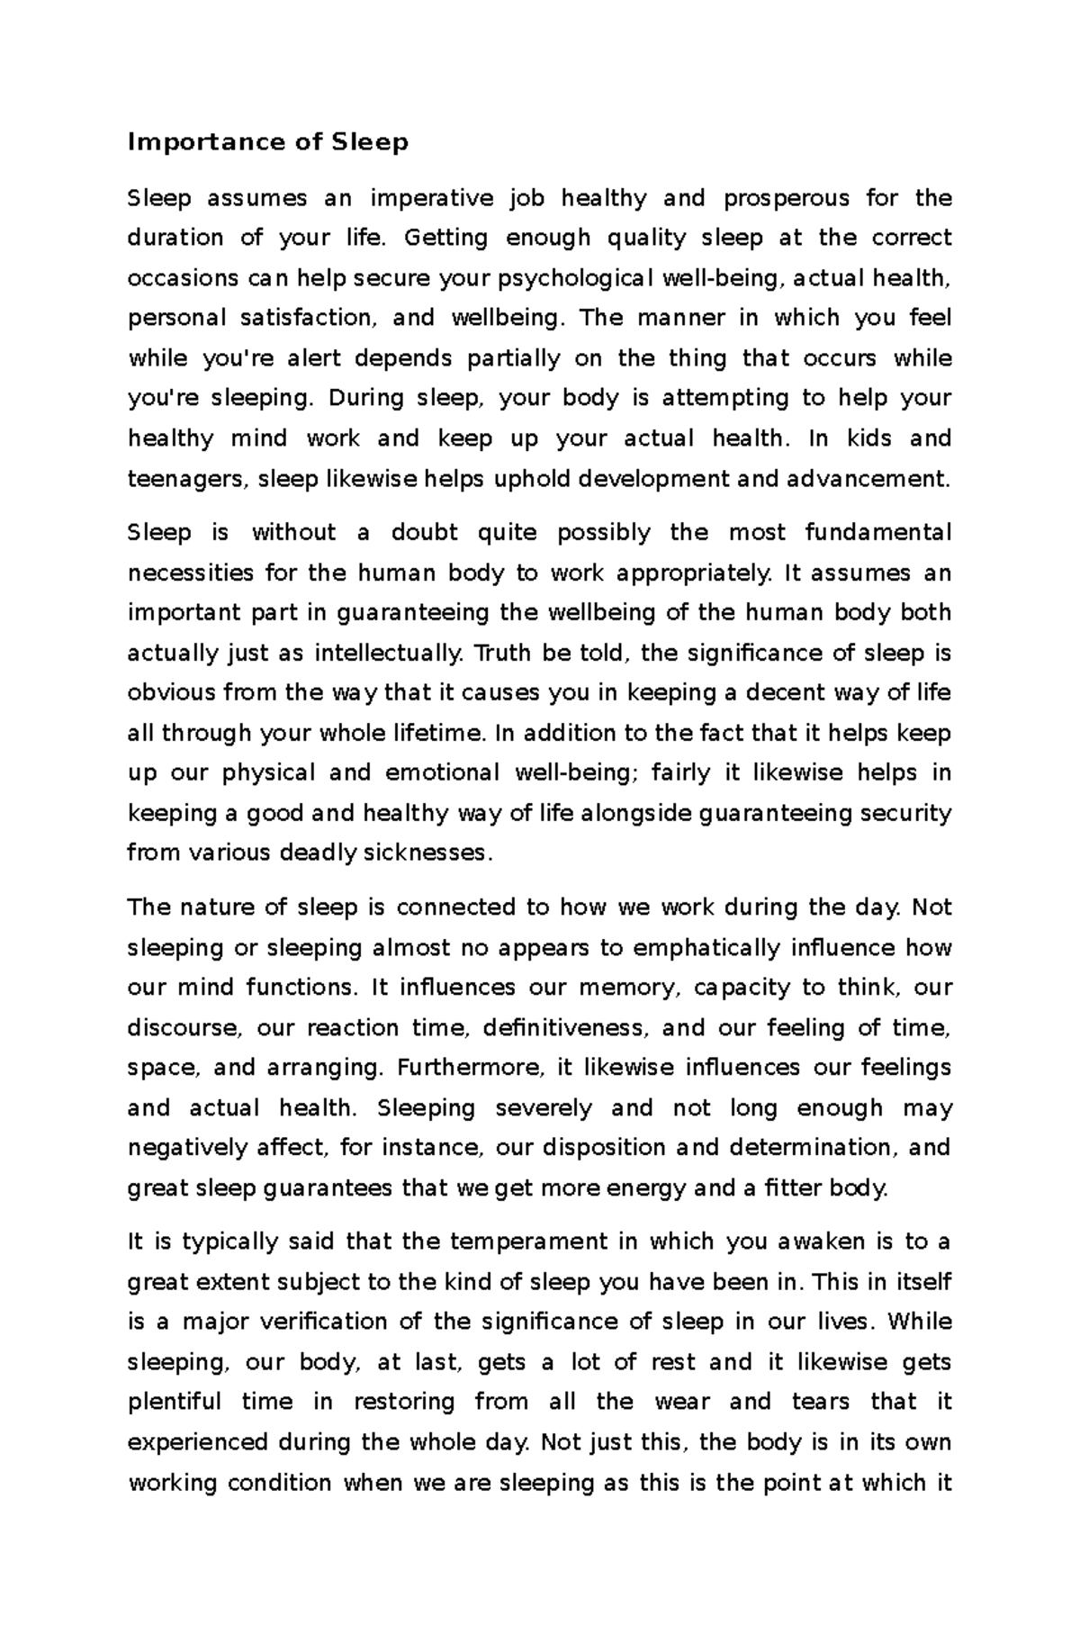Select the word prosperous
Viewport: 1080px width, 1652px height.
[786, 197]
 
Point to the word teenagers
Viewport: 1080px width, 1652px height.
[185, 478]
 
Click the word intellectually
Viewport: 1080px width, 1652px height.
[389, 653]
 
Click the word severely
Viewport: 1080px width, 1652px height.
[544, 1107]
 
